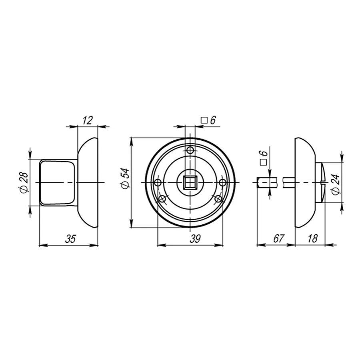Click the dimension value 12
(88, 120)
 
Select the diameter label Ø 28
(24, 182)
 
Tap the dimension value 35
(70, 239)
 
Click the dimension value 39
(195, 239)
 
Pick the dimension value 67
(279, 238)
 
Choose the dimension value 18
(312, 238)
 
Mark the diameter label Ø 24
(336, 184)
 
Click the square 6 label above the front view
(208, 120)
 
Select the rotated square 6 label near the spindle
(264, 158)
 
